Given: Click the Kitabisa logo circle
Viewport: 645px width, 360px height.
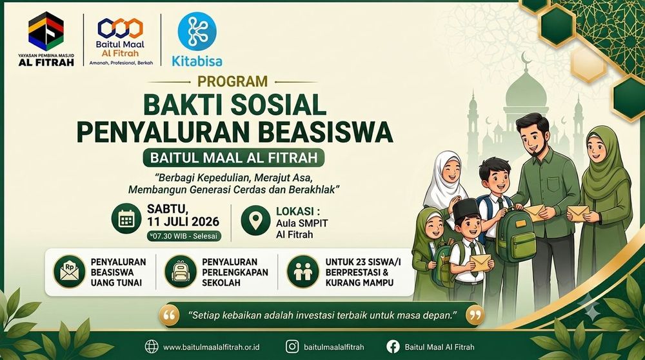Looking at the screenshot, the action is [197, 31].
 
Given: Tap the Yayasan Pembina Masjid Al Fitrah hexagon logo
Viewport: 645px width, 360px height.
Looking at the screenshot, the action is [46, 31].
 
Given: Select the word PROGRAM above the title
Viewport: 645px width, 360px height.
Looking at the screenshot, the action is [232, 81].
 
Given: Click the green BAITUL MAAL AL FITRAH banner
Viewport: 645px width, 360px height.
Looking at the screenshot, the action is [233, 158].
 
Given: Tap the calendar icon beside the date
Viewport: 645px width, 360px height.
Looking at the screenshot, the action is [126, 219].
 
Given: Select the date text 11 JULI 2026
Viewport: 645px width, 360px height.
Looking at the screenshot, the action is [183, 222].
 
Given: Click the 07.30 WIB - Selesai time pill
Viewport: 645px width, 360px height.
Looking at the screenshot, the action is [184, 236].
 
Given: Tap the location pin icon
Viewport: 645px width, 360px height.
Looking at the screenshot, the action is [255, 220].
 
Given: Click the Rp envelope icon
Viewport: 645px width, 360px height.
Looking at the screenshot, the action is [69, 272].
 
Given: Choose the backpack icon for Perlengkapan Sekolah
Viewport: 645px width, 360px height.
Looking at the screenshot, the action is [181, 272].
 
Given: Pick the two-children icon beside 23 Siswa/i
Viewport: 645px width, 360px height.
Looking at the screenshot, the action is [303, 272].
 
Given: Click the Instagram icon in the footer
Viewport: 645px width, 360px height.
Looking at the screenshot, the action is [292, 346].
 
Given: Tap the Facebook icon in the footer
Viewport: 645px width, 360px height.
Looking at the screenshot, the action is [393, 346].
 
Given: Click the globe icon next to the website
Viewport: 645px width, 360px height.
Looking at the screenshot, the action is [152, 346].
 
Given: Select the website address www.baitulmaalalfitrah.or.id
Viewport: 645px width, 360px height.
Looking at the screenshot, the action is [212, 347].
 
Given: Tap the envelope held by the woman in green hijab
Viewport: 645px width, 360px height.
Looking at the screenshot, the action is [578, 213].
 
